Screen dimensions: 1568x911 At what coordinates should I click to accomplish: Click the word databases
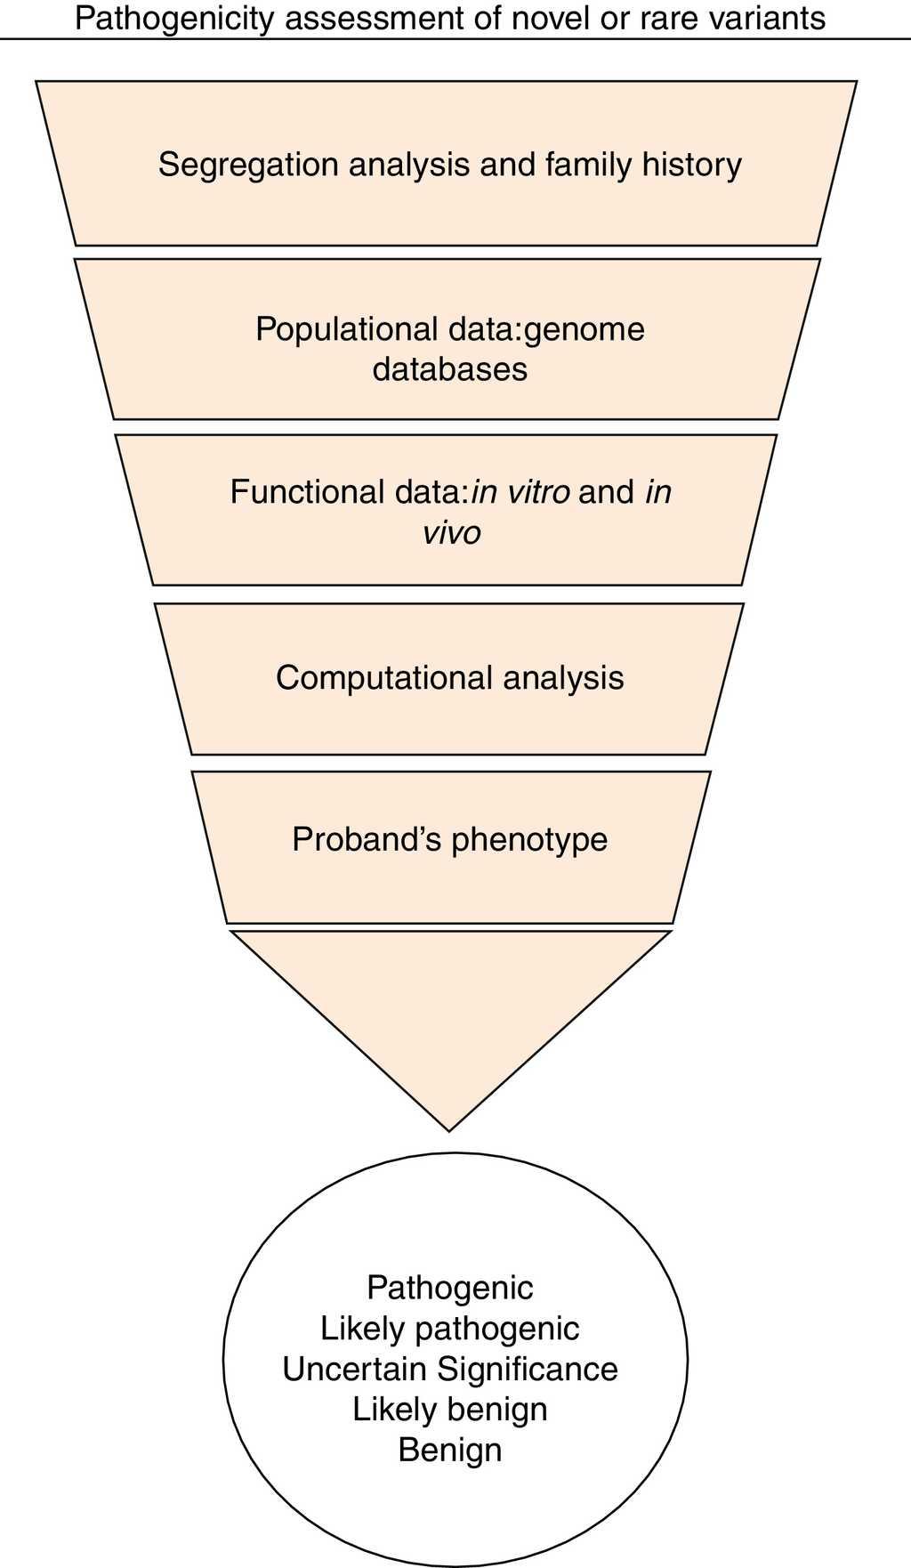point(450,369)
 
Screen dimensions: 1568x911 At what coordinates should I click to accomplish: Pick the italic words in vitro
point(520,492)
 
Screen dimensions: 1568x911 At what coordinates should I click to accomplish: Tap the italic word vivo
point(451,532)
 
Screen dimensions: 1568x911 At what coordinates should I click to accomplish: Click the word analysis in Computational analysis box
point(563,678)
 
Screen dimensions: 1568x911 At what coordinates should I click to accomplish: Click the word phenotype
point(528,839)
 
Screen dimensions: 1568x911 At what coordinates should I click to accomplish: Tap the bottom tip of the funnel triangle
point(450,1128)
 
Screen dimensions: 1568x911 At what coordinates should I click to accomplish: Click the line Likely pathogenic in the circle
point(450,1329)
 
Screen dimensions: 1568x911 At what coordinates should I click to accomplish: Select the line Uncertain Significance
point(450,1369)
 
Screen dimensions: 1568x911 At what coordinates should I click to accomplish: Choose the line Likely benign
point(450,1409)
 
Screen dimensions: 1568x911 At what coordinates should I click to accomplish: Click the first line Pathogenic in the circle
point(450,1288)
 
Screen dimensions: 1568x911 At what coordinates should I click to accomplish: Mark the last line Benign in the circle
point(450,1450)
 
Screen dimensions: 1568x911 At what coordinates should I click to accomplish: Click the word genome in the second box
point(584,329)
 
